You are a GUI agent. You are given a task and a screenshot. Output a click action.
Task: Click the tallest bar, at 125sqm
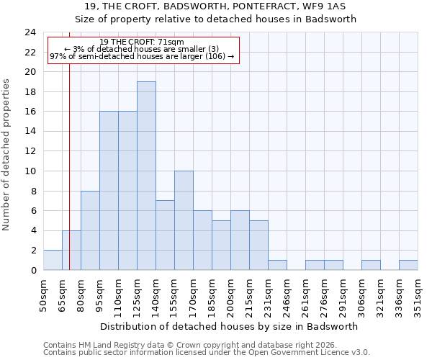146,176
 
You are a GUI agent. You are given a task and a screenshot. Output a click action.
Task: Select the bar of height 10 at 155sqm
184,220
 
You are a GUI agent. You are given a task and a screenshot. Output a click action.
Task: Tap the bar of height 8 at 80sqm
90,230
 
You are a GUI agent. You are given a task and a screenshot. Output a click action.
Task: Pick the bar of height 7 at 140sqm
165,235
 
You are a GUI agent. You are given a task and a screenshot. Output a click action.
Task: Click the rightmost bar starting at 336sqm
408,265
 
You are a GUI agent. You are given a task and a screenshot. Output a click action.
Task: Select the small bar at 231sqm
277,265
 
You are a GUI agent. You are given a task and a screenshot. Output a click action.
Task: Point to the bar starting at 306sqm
371,265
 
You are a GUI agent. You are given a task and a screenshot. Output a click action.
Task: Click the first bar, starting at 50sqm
53,260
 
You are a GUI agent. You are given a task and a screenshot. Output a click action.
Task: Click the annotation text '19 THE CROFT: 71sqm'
142,42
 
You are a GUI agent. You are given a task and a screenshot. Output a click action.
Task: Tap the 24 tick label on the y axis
30,32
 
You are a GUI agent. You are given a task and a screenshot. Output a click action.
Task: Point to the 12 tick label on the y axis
30,151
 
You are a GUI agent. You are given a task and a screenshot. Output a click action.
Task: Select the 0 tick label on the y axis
32,270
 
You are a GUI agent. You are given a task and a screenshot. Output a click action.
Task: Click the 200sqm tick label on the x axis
230,295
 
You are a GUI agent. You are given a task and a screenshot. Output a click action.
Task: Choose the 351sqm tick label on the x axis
418,295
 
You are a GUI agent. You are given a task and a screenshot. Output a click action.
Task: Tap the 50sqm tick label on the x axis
43,295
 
